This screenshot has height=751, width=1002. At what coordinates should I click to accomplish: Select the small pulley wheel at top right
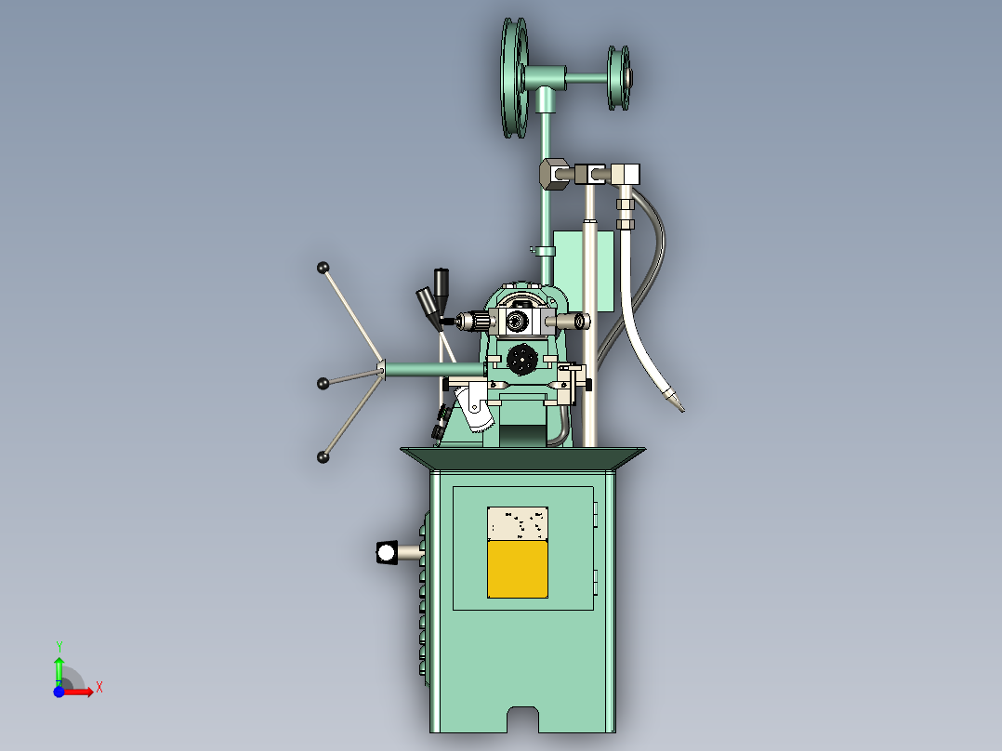point(618,78)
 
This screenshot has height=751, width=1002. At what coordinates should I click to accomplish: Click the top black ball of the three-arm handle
point(323,268)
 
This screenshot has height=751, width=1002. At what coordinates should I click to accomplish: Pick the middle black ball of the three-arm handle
point(323,383)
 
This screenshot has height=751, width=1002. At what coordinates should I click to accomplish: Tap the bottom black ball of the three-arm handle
point(323,456)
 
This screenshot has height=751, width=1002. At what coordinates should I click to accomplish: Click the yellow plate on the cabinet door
point(518,569)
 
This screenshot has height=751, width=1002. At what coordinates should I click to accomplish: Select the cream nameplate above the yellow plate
point(518,523)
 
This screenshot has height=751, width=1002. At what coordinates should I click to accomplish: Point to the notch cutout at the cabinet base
point(523,718)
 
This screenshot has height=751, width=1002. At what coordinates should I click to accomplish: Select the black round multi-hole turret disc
point(522,358)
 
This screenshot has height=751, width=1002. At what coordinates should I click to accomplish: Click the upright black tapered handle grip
point(441,282)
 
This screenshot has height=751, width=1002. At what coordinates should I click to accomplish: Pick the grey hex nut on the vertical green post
point(552,172)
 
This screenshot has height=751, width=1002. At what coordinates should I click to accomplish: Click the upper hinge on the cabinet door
point(596,513)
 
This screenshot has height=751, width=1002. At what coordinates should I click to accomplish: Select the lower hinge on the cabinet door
point(596,584)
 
